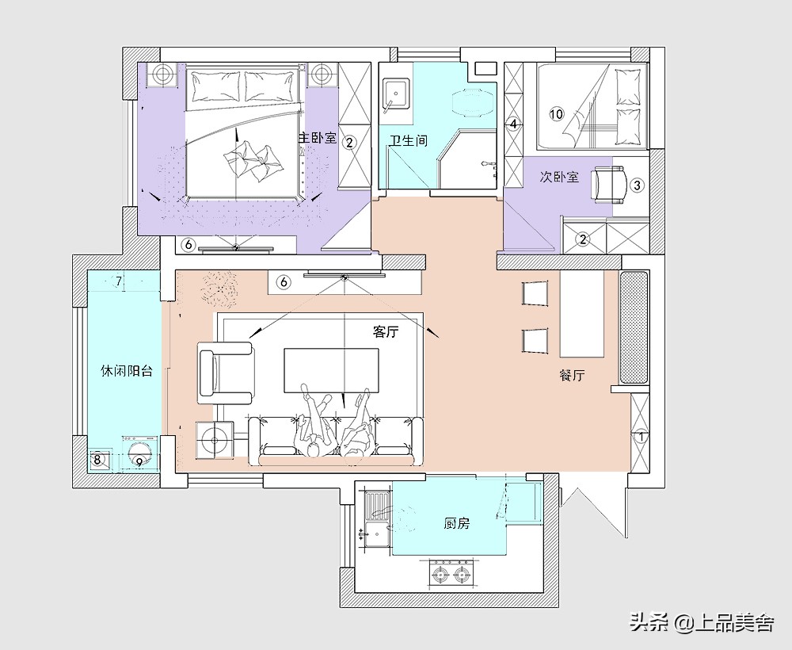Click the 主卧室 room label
coord(317,138)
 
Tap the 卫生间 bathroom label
coord(409,140)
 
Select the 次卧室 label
coord(559,177)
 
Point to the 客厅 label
coord(386,331)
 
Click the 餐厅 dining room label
coord(573,376)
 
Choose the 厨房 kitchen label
coord(457,524)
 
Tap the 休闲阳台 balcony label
coord(127,371)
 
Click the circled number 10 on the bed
coord(556,113)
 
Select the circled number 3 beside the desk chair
coord(637,185)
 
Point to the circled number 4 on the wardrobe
coord(513,124)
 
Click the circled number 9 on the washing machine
coord(139,461)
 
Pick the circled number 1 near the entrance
coord(641,437)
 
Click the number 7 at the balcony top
coord(119,281)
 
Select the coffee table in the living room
coord(332,369)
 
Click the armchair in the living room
coord(225,373)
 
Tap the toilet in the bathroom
coord(472,103)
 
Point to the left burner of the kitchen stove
coord(440,574)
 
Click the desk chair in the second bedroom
coord(609,185)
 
